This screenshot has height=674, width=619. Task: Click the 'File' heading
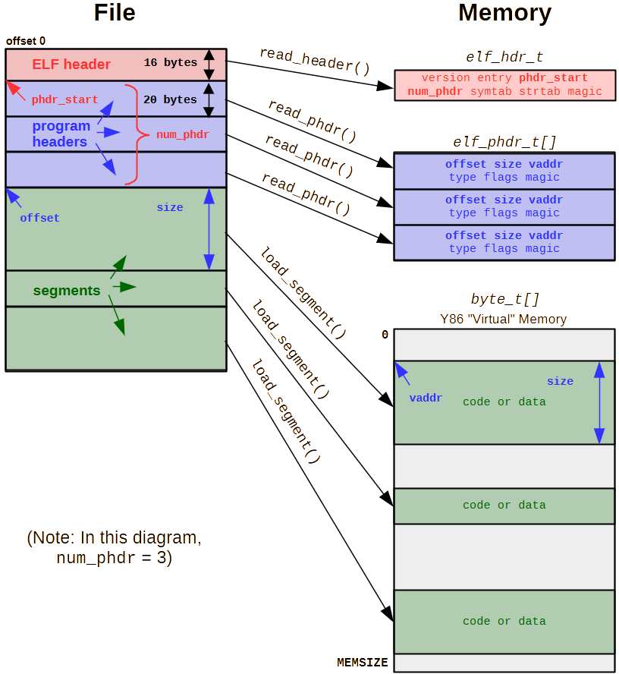pyautogui.click(x=116, y=13)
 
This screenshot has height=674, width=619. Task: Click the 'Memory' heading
pyautogui.click(x=504, y=13)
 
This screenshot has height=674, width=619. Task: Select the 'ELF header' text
pyautogui.click(x=71, y=65)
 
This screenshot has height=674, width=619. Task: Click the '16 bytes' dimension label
pyautogui.click(x=170, y=63)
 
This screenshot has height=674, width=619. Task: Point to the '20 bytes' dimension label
pyautogui.click(x=170, y=99)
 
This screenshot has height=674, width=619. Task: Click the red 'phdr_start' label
pyautogui.click(x=64, y=100)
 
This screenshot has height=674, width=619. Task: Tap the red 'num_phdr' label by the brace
pyautogui.click(x=182, y=134)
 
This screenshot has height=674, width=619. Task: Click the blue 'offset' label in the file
pyautogui.click(x=39, y=218)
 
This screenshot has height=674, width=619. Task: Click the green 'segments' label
pyautogui.click(x=67, y=291)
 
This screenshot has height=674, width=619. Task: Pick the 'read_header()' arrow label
pyautogui.click(x=315, y=61)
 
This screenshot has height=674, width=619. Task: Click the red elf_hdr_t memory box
pyautogui.click(x=504, y=85)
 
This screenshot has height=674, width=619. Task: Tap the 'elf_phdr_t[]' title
pyautogui.click(x=504, y=142)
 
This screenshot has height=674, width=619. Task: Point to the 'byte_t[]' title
pyautogui.click(x=504, y=299)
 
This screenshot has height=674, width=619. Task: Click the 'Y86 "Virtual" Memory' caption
pyautogui.click(x=504, y=319)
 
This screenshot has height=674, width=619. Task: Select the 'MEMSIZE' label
pyautogui.click(x=362, y=663)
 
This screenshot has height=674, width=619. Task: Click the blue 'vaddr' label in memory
pyautogui.click(x=426, y=398)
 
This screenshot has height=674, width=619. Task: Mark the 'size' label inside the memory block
pyautogui.click(x=560, y=381)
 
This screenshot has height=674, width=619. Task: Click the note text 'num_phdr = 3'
pyautogui.click(x=114, y=558)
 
